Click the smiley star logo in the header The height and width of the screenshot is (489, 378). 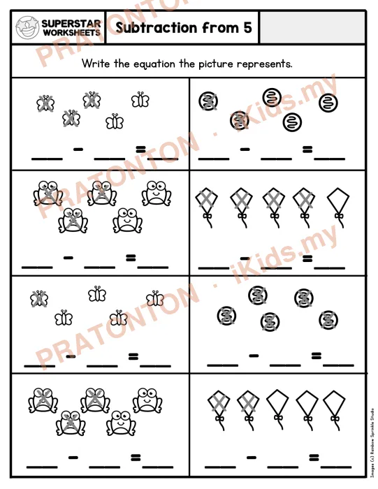(27, 28)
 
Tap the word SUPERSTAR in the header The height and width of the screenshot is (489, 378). (71, 24)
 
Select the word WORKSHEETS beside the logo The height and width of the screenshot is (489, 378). (71, 32)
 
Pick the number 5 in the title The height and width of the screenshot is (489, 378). (247, 27)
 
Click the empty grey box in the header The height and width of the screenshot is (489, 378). (312, 28)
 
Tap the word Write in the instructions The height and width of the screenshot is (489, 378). (96, 64)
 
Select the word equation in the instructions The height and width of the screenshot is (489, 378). (154, 64)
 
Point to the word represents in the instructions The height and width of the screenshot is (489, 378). (265, 64)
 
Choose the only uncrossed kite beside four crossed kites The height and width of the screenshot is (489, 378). (338, 207)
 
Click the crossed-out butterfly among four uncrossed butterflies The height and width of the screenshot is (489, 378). (39, 299)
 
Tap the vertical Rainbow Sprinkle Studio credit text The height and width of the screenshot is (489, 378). (372, 442)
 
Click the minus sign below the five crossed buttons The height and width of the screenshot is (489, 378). (254, 355)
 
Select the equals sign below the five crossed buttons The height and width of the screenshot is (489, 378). (316, 356)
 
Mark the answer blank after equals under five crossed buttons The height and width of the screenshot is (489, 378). (338, 365)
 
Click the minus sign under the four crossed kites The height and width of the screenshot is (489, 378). (245, 258)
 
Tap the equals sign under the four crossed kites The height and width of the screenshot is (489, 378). (307, 258)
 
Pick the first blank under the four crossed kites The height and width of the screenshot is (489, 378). (214, 268)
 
